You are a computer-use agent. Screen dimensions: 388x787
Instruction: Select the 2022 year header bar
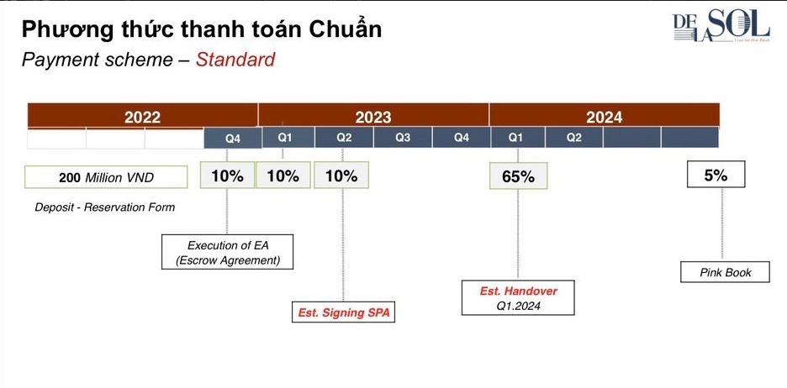pyautogui.click(x=142, y=117)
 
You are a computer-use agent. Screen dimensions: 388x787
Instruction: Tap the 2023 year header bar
pyautogui.click(x=372, y=117)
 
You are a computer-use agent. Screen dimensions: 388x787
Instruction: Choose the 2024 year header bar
pyautogui.click(x=604, y=117)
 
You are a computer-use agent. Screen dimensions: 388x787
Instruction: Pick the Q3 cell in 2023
pyautogui.click(x=403, y=138)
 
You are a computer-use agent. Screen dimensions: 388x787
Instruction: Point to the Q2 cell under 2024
pyautogui.click(x=573, y=138)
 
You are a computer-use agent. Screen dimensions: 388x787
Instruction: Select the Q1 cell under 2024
pyautogui.click(x=517, y=138)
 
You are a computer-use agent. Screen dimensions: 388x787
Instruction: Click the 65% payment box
pyautogui.click(x=518, y=176)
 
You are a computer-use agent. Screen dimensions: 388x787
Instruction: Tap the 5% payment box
pyautogui.click(x=716, y=176)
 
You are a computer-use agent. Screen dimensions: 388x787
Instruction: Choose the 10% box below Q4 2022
pyautogui.click(x=227, y=176)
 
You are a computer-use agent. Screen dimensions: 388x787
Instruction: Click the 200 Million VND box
pyautogui.click(x=106, y=177)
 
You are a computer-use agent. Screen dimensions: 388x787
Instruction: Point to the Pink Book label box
pyautogui.click(x=725, y=272)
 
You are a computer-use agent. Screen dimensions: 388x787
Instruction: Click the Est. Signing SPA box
pyautogui.click(x=345, y=312)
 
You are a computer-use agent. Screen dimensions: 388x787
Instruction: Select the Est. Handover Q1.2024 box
pyautogui.click(x=518, y=298)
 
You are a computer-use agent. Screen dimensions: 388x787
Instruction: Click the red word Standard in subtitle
pyautogui.click(x=235, y=60)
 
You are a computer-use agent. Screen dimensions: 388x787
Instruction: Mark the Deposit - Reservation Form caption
pyautogui.click(x=105, y=207)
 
